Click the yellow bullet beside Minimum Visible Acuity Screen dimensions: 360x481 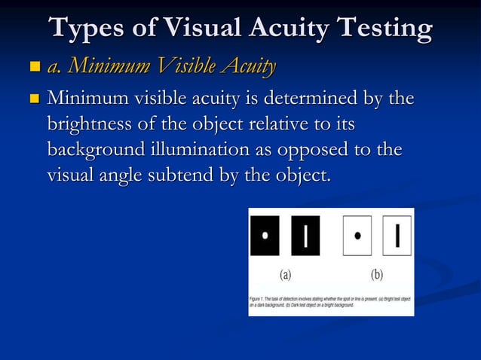click(x=33, y=69)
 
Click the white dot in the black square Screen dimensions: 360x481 click(x=265, y=235)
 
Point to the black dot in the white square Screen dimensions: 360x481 click(x=357, y=236)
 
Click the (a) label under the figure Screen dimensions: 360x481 click(x=286, y=274)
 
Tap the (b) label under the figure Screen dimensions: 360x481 click(x=376, y=274)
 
